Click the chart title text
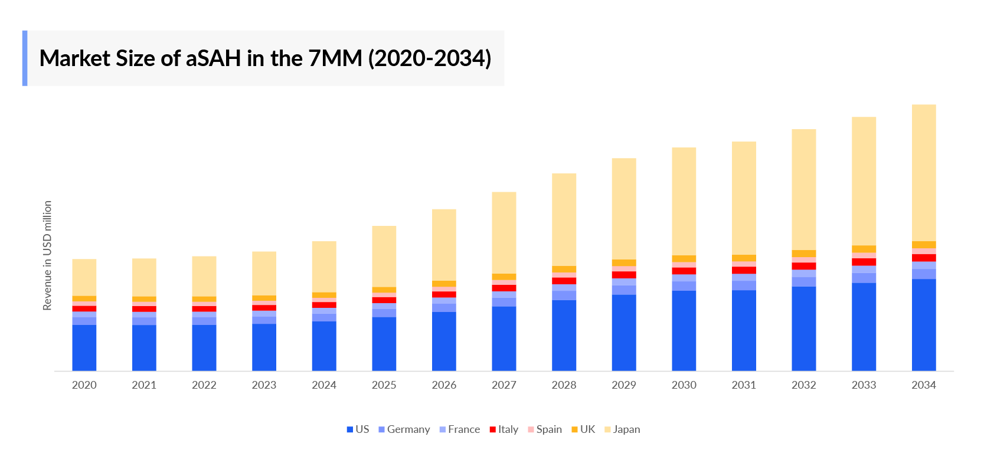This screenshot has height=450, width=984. [265, 58]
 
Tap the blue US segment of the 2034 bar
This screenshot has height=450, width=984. [923, 324]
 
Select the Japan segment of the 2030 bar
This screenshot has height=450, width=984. [684, 201]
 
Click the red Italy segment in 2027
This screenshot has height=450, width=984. [504, 288]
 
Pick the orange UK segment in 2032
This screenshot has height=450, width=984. [803, 254]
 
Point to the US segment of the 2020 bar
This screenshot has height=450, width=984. [84, 347]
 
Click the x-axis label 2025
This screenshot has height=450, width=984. [384, 385]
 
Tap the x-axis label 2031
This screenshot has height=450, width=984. [744, 385]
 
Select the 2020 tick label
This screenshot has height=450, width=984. [84, 385]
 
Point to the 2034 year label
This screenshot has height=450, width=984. [923, 385]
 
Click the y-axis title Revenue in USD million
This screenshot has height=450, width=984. [47, 255]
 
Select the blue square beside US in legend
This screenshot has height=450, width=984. [349, 429]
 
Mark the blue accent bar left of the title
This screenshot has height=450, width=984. [25, 58]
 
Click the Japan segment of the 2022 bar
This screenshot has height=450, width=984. [204, 276]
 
